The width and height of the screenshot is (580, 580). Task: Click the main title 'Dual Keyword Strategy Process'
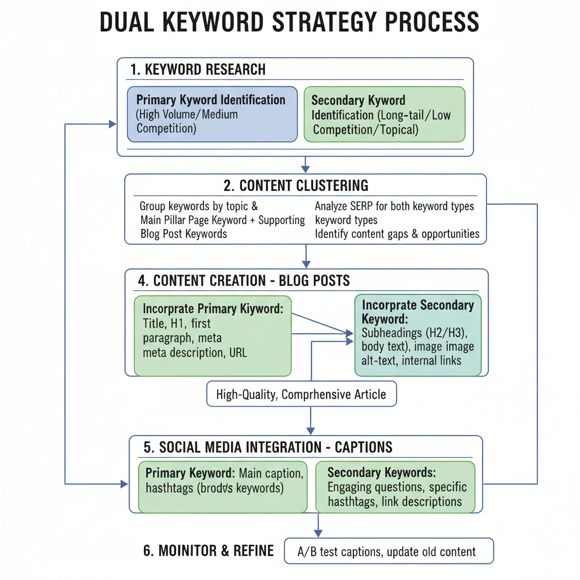(289, 23)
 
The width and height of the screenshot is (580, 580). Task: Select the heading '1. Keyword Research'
(198, 70)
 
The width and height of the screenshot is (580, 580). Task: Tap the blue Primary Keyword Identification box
(212, 114)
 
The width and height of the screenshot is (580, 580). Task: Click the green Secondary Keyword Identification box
(384, 114)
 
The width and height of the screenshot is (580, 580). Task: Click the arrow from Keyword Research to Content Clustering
(306, 164)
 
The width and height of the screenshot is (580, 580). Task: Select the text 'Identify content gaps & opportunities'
(396, 233)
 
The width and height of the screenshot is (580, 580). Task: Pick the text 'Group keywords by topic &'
(198, 207)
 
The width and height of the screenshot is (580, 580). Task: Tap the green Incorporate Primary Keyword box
(212, 335)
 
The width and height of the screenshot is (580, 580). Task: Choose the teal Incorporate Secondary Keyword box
(418, 335)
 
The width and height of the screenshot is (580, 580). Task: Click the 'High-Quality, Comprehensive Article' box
(301, 394)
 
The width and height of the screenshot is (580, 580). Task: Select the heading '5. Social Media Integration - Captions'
(268, 447)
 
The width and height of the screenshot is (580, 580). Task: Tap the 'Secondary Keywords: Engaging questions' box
(395, 487)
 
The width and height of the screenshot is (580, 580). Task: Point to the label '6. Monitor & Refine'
(208, 551)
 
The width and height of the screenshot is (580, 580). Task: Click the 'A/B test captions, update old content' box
(388, 551)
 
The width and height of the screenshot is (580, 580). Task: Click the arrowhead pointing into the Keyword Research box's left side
(112, 124)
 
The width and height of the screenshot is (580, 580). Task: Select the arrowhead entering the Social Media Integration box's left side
(124, 484)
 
